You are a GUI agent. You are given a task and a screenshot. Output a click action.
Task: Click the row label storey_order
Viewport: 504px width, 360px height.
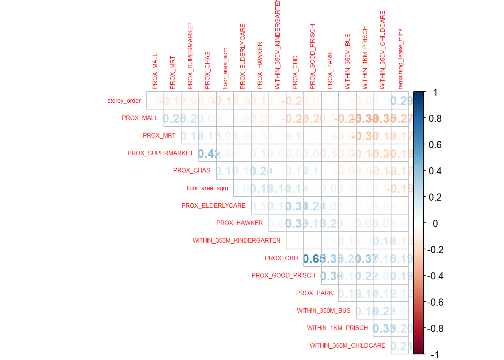124,100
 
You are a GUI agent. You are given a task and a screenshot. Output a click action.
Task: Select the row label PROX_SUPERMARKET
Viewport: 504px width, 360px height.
160,153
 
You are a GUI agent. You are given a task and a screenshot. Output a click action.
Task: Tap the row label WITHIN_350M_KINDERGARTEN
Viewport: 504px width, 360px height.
236,240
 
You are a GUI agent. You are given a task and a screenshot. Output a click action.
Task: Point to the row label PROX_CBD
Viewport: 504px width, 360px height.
281,258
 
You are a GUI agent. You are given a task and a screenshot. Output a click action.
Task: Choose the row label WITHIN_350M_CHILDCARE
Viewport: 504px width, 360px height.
347,345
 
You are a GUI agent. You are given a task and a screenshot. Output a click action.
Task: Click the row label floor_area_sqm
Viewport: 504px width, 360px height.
207,188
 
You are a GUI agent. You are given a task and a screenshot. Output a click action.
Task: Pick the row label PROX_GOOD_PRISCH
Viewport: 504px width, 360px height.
283,275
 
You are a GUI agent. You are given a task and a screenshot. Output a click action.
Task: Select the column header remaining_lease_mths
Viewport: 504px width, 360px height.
400,59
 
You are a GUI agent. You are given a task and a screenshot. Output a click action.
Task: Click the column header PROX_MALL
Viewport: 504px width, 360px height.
155,71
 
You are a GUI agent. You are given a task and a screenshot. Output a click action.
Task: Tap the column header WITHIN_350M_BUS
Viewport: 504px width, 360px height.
348,61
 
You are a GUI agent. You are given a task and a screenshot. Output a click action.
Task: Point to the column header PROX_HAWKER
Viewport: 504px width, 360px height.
260,65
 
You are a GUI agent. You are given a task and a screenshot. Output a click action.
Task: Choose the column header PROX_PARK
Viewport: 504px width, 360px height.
330,70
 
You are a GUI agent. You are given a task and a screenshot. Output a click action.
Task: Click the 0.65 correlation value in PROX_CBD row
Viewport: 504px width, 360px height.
312,258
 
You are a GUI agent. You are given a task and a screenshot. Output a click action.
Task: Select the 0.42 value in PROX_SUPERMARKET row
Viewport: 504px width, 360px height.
207,153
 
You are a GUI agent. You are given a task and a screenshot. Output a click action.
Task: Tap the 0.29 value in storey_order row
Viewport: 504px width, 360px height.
400,101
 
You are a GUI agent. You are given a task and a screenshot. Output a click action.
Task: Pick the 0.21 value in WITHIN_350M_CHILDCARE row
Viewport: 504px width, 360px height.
400,346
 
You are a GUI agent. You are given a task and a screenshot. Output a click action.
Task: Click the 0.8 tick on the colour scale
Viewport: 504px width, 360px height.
435,118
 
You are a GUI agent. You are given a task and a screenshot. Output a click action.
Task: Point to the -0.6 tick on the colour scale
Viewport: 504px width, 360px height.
435,302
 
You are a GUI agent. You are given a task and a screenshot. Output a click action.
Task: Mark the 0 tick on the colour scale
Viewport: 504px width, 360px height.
435,223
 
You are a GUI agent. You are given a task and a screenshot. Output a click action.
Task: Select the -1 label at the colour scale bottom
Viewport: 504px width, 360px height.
435,354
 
